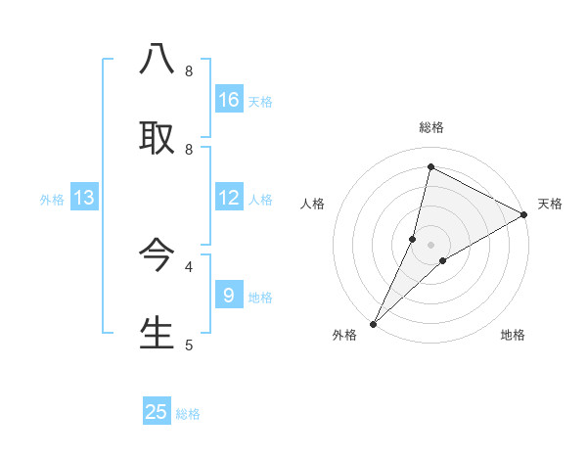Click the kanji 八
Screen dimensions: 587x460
(x=157, y=60)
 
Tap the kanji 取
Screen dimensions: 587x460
(x=157, y=138)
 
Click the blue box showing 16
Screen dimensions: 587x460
(x=229, y=100)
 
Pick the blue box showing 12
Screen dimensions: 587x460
(x=229, y=198)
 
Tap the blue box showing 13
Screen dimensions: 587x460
(x=84, y=198)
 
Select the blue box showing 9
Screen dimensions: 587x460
(x=229, y=295)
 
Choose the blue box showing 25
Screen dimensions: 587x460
(x=157, y=412)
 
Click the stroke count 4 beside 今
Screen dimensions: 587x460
(x=189, y=265)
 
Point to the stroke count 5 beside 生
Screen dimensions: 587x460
(x=189, y=345)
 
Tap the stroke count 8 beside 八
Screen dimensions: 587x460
(x=189, y=71)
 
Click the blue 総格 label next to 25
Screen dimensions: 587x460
(x=188, y=414)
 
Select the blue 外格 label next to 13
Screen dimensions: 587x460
(x=52, y=200)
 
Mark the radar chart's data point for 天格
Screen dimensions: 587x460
(x=524, y=215)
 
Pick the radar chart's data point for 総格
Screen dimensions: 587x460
(x=430, y=167)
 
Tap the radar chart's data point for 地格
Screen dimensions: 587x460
(x=443, y=260)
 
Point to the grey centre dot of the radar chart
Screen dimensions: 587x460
(x=430, y=245)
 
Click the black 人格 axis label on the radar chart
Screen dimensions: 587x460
(x=312, y=204)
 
